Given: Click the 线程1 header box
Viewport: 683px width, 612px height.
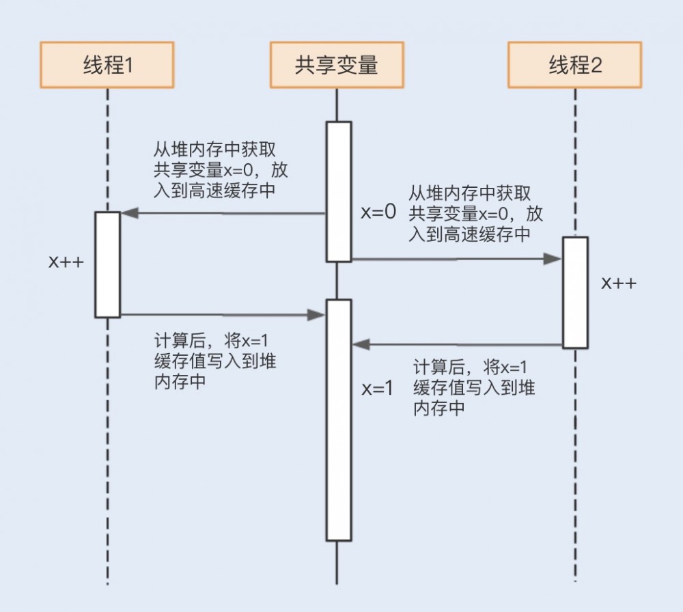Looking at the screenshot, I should coord(107,65).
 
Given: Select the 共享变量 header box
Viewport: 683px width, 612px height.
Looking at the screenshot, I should coord(337,65).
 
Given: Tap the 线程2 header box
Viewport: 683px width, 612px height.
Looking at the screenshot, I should coord(574,65).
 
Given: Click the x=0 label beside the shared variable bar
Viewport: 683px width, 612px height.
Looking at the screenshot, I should coord(378,212).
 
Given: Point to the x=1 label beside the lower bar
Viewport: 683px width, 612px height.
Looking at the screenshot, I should coord(378,388).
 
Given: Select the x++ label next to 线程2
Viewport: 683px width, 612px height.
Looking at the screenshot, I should coord(619,283).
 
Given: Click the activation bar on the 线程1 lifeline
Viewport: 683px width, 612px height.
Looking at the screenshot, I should coord(107,264).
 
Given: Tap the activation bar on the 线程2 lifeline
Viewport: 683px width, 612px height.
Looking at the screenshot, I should coord(575,292).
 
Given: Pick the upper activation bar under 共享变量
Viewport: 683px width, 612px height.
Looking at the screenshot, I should coord(338,191).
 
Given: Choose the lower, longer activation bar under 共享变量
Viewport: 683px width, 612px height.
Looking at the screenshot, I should coord(338,420).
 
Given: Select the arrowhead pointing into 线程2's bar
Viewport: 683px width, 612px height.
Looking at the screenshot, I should coord(553,259).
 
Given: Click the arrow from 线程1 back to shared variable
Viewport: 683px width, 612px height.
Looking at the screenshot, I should coord(219,315).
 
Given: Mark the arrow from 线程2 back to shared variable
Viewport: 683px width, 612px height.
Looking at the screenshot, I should coord(458,345).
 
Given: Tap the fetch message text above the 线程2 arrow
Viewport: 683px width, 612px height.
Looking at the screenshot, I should coord(476,214).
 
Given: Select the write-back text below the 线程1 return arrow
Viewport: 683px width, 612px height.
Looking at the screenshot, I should coord(216,362).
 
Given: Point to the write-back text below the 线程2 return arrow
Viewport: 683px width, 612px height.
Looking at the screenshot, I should coord(474,387).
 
